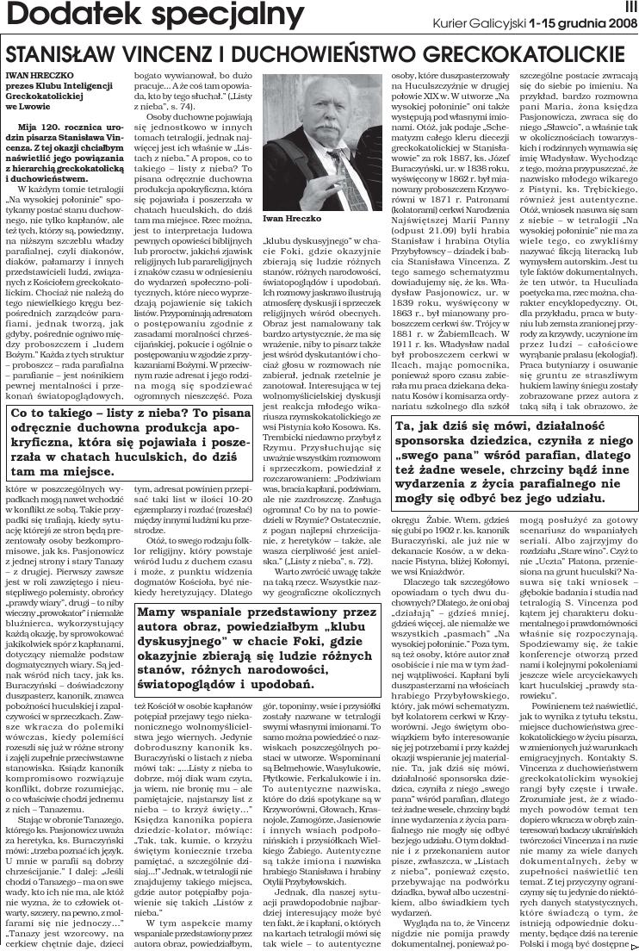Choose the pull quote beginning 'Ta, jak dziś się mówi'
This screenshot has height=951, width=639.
pyautogui.click(x=510, y=462)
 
